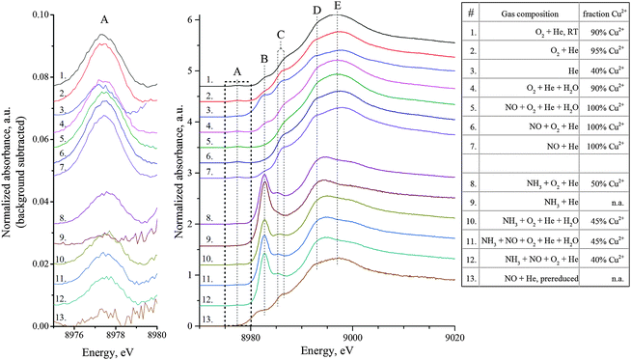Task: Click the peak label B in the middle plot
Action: point(264,59)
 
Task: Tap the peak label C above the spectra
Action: point(281,34)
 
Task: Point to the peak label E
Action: point(337,7)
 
